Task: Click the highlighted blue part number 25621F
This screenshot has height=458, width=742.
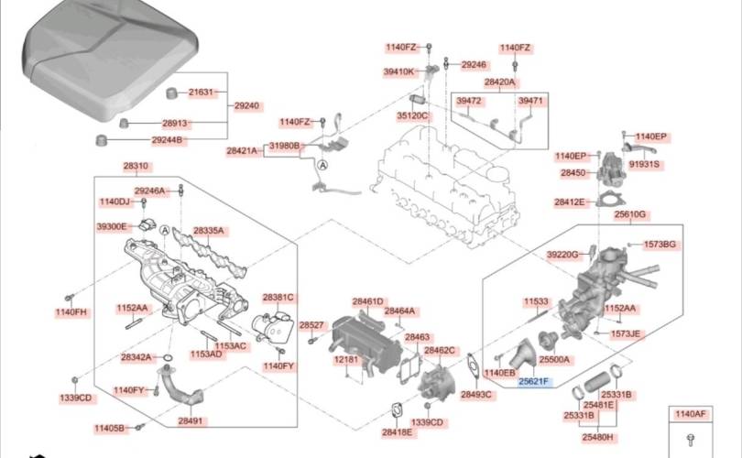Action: [533, 381]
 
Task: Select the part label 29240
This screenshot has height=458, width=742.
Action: [246, 105]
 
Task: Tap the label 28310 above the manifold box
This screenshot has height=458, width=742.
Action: [136, 166]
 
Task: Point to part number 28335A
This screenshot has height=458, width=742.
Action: [208, 231]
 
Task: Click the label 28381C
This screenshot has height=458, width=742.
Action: [278, 298]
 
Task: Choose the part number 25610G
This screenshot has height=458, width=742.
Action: [630, 214]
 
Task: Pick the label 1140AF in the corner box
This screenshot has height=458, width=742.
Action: [691, 414]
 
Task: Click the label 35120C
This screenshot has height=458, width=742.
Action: [412, 115]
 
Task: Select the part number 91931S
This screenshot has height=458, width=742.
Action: [644, 164]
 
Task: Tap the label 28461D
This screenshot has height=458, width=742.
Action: [367, 301]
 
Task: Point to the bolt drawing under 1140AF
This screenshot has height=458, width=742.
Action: [691, 440]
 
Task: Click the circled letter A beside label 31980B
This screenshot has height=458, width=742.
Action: [322, 166]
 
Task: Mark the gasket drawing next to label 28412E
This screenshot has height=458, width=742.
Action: [608, 199]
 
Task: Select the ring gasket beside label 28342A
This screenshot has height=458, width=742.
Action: [167, 356]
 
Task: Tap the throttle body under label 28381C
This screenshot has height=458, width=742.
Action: [273, 326]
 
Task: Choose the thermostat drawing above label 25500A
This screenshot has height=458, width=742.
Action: [548, 340]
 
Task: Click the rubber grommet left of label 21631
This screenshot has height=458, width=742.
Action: [172, 93]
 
